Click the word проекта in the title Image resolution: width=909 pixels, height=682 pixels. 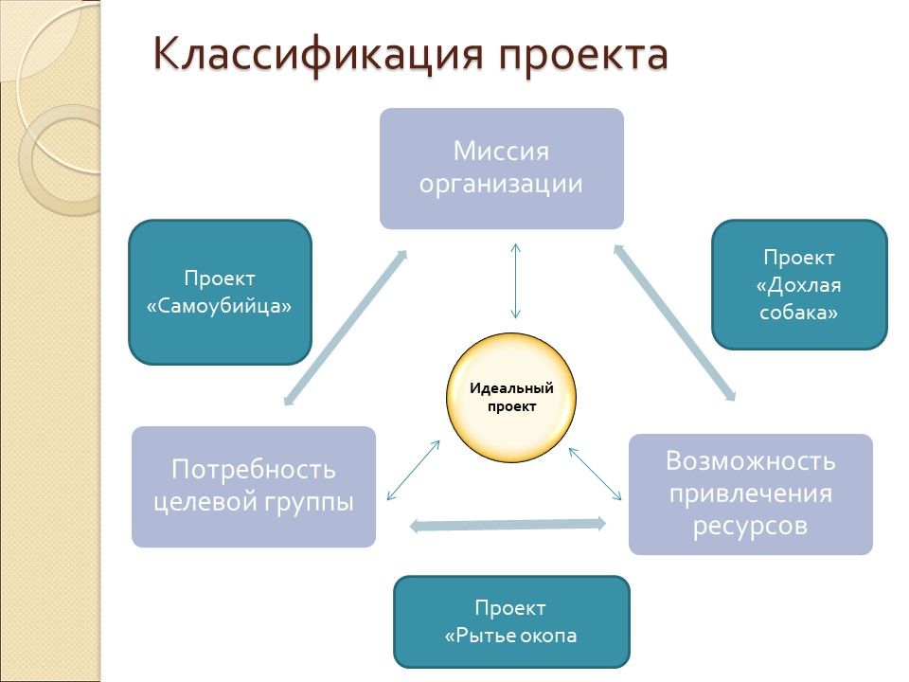[x=584, y=54]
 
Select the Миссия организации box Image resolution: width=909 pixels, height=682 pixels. [x=502, y=168]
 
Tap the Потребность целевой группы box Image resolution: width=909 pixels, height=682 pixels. [x=254, y=486]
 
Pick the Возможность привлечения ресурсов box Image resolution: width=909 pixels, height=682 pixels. [x=750, y=494]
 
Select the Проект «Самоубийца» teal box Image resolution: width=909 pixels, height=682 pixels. [x=220, y=293]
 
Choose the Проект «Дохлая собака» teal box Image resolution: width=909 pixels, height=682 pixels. [x=799, y=284]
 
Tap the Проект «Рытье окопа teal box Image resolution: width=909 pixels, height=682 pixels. [x=511, y=620]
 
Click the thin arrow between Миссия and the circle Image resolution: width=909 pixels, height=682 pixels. [x=515, y=280]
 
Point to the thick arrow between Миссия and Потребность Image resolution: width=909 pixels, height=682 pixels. [x=346, y=328]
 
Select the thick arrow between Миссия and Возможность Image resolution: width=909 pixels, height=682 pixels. [x=674, y=321]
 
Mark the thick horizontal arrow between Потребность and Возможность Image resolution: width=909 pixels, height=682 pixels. [x=508, y=524]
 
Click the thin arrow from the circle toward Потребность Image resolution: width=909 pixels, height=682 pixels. [x=414, y=470]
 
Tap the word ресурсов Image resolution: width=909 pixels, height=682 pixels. [x=750, y=526]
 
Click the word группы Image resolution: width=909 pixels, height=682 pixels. [x=309, y=501]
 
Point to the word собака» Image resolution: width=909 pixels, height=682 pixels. [x=799, y=313]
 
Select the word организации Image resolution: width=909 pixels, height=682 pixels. [x=502, y=183]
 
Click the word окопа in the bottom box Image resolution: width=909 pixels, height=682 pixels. [x=547, y=635]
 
